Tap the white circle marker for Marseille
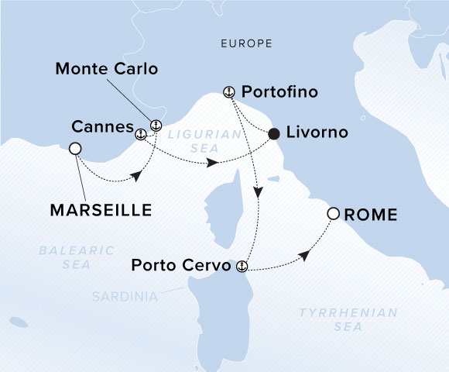click(76, 149)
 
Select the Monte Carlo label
click(107, 69)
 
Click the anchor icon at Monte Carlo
click(156, 125)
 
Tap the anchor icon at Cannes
click(140, 135)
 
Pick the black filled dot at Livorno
click(274, 134)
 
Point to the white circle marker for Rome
click(333, 213)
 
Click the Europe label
click(246, 44)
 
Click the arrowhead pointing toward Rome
click(307, 255)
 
